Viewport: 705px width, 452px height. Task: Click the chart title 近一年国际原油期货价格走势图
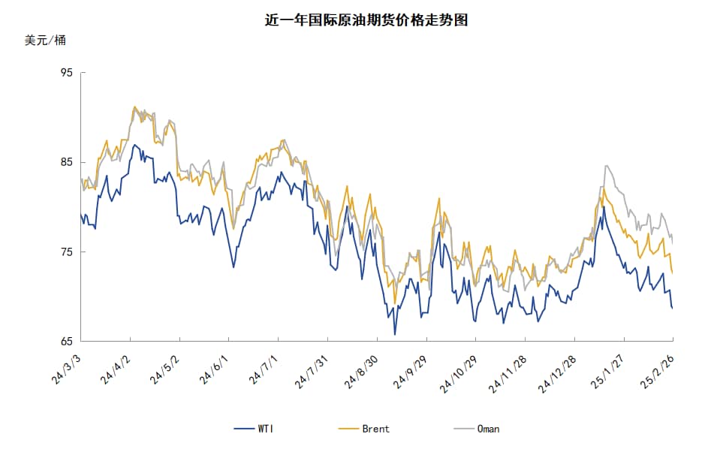[367, 20]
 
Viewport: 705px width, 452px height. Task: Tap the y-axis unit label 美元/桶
[45, 41]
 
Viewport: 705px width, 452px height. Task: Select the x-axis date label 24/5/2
[164, 369]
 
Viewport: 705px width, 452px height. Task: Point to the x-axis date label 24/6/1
[214, 369]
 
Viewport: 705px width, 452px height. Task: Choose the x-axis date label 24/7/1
[264, 369]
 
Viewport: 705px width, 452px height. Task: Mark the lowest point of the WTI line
[395, 334]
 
